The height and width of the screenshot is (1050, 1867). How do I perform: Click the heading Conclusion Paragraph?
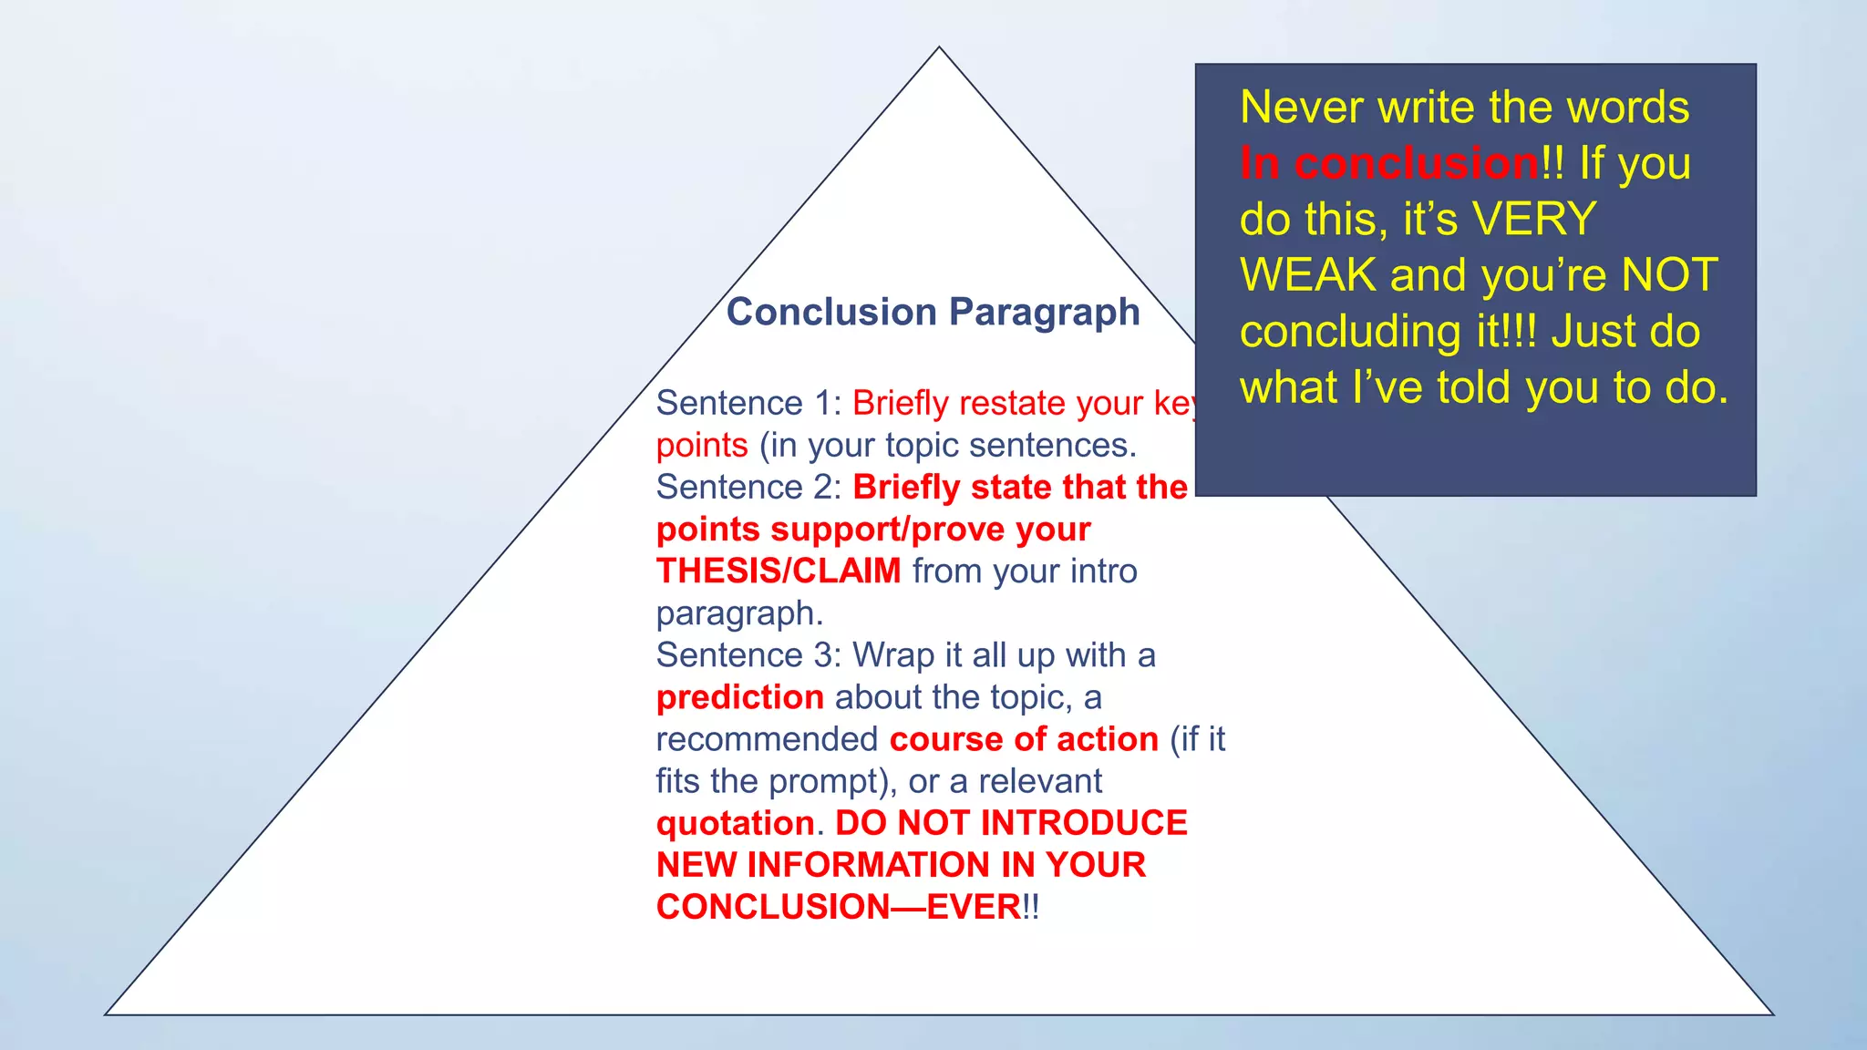click(933, 313)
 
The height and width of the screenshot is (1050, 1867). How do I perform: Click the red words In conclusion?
click(1388, 164)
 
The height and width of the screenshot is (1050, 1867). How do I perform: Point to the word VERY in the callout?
click(1534, 220)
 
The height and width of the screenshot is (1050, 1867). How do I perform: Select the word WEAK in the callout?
click(1307, 275)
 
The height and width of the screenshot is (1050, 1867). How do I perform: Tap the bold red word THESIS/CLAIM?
click(779, 571)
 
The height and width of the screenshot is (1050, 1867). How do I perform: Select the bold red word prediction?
click(739, 697)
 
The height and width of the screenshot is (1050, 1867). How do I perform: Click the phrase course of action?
click(1024, 739)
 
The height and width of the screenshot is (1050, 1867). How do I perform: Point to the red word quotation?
click(735, 824)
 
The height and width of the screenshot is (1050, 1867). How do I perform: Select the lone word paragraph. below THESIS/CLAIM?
click(738, 614)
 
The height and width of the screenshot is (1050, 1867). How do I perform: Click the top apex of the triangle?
click(939, 48)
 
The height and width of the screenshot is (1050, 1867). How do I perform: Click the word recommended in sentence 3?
click(767, 739)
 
